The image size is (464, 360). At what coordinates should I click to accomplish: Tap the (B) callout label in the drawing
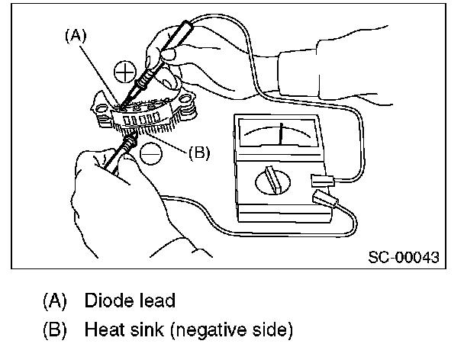pos(198,153)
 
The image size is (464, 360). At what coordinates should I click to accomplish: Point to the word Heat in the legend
pos(101,331)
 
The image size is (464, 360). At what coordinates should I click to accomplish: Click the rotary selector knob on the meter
pos(269,184)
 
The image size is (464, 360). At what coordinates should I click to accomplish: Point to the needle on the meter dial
pos(282,133)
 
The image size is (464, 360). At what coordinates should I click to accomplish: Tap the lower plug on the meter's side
pos(326,202)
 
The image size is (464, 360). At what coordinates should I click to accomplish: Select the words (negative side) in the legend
pos(229,331)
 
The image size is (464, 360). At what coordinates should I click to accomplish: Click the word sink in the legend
pos(145,331)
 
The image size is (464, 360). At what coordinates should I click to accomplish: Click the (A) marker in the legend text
pos(54,300)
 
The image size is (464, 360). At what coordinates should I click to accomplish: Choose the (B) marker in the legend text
pos(54,331)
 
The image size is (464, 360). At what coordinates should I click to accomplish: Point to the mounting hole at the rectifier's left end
pos(99,115)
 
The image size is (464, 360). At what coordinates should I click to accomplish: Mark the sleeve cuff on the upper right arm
pos(290,69)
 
